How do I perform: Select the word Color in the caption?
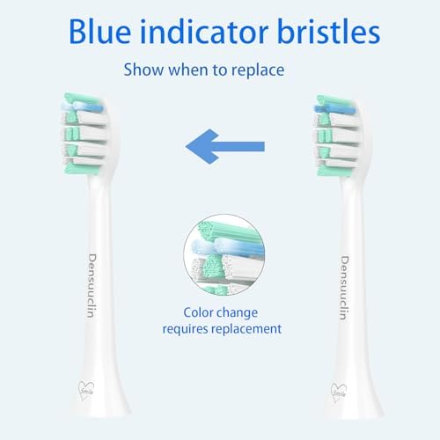[x=202, y=312]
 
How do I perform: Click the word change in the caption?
[x=246, y=312]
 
